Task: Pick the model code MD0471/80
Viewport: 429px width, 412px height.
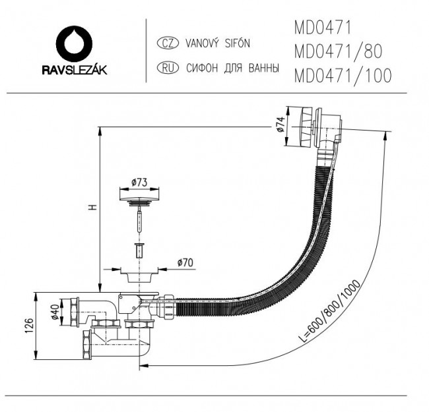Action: [x=336, y=51]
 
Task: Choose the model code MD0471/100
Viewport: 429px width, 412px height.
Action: [x=341, y=75]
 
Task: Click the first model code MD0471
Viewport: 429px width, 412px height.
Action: [x=322, y=28]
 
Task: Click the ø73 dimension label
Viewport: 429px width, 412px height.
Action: [x=139, y=181]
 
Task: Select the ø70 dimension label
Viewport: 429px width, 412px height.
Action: [x=185, y=263]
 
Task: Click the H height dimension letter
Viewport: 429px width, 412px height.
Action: [x=93, y=206]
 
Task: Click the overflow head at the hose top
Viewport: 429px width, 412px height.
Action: [x=317, y=129]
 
